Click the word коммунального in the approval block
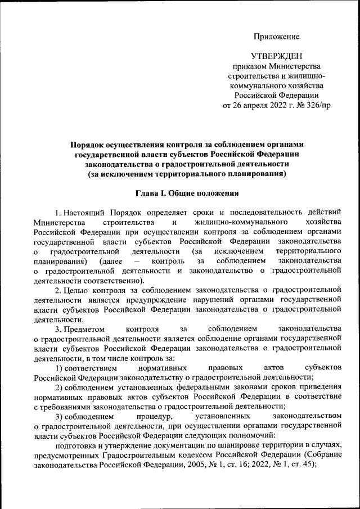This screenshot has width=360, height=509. click(x=258, y=85)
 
